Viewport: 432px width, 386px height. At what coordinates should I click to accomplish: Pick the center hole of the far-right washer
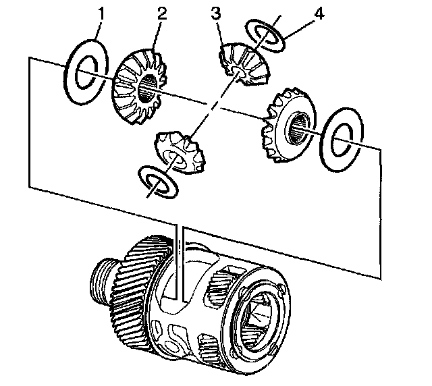(x=345, y=142)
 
